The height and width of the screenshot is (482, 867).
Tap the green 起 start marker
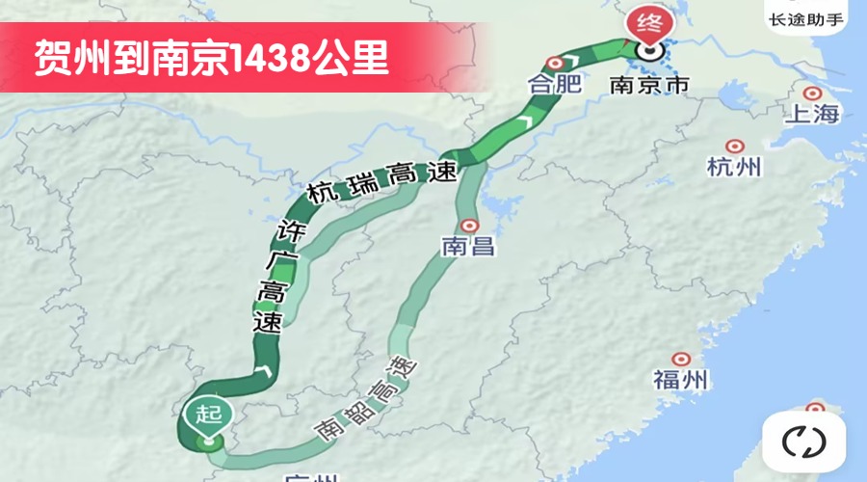point(203,415)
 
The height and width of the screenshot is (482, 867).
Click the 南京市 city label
point(650,85)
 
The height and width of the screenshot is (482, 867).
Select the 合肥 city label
point(555,84)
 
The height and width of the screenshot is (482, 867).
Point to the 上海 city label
point(813,115)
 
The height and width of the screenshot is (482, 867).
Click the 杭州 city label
point(734,168)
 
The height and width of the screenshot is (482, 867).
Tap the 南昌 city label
point(468,247)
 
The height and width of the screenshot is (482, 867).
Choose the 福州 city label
point(681,379)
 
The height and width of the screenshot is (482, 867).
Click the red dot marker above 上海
point(813,94)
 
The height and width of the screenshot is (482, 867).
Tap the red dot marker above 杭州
point(735,147)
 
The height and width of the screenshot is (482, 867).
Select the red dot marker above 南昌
point(468,225)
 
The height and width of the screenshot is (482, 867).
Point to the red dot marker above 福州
point(681,358)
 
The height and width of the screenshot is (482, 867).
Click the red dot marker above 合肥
point(555,62)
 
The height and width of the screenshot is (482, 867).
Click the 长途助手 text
point(806,18)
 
